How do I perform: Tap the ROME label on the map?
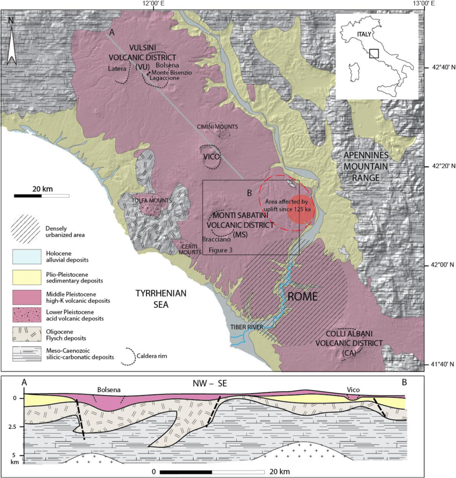[x=302, y=297]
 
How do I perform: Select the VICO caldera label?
[x=211, y=157]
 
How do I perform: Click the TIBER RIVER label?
[x=246, y=327]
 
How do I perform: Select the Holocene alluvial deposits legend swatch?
[x=27, y=257]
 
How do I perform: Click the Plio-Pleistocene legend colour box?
[x=27, y=277]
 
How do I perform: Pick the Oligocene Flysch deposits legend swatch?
[x=27, y=335]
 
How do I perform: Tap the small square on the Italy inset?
[x=374, y=53]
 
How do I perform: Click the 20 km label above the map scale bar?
[x=42, y=189]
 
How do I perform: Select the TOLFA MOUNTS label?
[x=152, y=200]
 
